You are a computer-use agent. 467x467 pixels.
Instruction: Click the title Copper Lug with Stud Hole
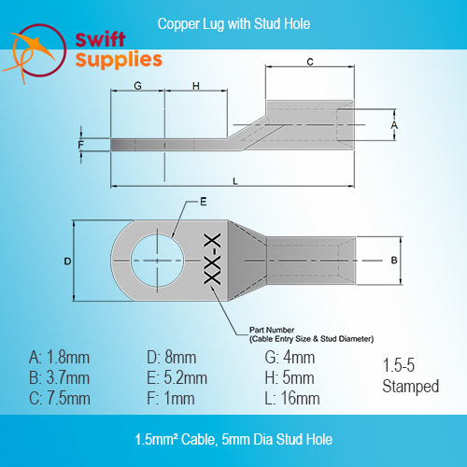233,24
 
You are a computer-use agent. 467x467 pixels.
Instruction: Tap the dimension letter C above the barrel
310,62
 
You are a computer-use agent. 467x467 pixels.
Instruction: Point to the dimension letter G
137,86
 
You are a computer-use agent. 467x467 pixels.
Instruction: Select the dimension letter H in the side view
196,86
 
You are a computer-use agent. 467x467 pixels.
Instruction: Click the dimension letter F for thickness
80,145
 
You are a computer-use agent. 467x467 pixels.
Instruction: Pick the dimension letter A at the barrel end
394,125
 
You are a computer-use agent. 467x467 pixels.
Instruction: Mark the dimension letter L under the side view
235,181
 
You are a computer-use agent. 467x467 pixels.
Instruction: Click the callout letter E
204,202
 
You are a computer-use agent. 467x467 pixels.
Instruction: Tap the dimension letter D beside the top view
67,261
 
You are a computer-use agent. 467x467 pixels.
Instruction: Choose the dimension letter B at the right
394,260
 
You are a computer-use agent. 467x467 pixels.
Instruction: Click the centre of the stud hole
158,261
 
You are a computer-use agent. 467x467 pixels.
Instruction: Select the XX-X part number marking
212,259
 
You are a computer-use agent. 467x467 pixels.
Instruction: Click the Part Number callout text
311,334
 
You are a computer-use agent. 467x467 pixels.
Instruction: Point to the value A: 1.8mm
59,357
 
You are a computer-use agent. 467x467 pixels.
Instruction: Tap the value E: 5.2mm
177,377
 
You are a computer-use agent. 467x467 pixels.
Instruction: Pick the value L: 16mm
292,398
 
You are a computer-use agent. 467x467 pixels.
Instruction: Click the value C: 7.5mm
60,398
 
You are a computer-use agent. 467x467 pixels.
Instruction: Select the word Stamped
411,387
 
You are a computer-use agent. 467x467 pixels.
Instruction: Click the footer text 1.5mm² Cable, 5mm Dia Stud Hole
233,439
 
